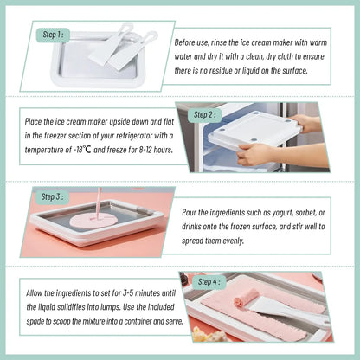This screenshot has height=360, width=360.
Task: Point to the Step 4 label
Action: pos(209,281)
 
